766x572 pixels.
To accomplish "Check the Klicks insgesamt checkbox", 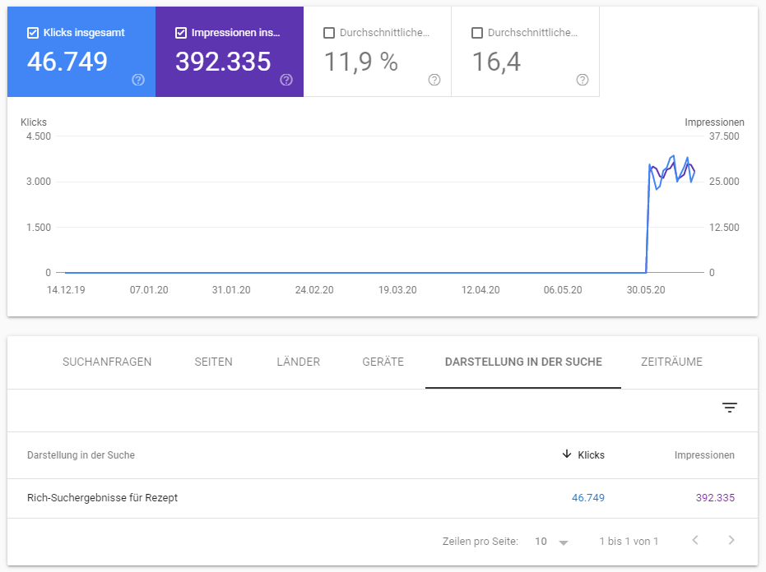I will (x=33, y=33).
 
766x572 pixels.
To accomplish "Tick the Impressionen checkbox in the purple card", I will (x=181, y=33).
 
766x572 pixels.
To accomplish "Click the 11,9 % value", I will (x=360, y=62).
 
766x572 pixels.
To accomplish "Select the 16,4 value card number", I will (x=496, y=62).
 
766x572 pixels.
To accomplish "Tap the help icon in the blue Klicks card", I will (x=138, y=80).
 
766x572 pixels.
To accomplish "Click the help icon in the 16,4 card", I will (x=583, y=80).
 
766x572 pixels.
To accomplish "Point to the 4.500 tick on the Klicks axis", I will (x=38, y=136).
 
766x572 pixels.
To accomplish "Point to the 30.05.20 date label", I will (x=646, y=290).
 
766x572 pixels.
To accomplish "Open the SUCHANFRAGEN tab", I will (x=107, y=362).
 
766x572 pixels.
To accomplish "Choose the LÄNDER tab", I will (x=298, y=362).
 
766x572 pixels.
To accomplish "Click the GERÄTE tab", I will (x=383, y=362).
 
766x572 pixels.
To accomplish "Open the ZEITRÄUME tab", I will (x=671, y=362).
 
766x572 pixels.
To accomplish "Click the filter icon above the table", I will (x=730, y=408).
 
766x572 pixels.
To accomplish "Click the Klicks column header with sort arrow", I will (x=583, y=454).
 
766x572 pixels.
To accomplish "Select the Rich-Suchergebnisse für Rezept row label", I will (x=102, y=497).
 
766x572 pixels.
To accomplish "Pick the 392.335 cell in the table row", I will (x=713, y=497).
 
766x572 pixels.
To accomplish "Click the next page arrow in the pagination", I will (x=731, y=541).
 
